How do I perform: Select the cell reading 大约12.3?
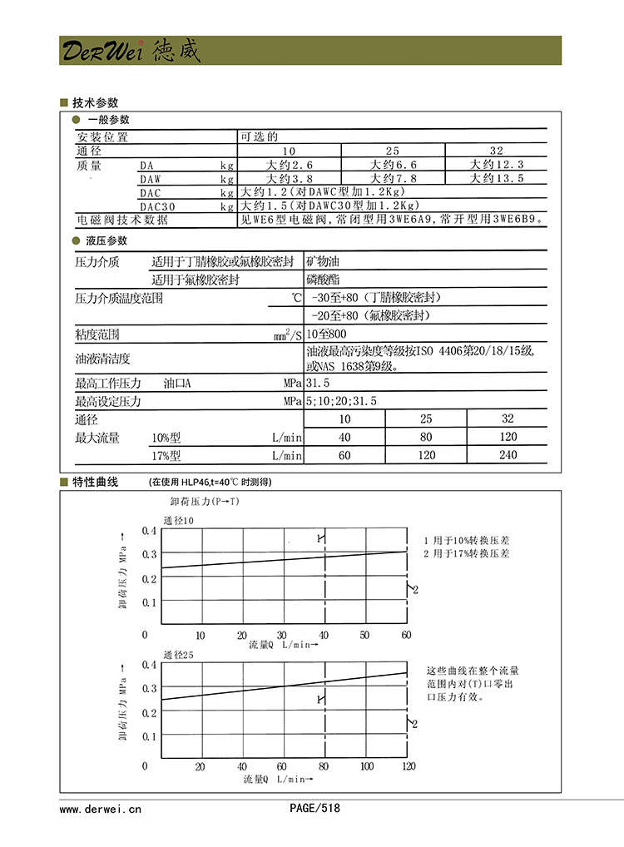click(x=497, y=165)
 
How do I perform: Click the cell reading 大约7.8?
click(x=393, y=178)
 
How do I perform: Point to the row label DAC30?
click(x=157, y=206)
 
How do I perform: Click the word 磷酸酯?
click(x=324, y=280)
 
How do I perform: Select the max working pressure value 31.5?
click(x=318, y=384)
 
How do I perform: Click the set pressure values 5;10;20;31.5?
click(x=341, y=401)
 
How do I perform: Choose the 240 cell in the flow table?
click(x=508, y=455)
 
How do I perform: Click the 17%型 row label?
click(x=166, y=455)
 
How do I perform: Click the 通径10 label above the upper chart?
click(x=178, y=520)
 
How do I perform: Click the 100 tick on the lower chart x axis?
click(x=367, y=766)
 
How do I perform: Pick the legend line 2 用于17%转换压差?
click(x=467, y=553)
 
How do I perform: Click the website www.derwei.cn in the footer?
click(x=101, y=808)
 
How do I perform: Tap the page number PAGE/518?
click(x=314, y=808)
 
